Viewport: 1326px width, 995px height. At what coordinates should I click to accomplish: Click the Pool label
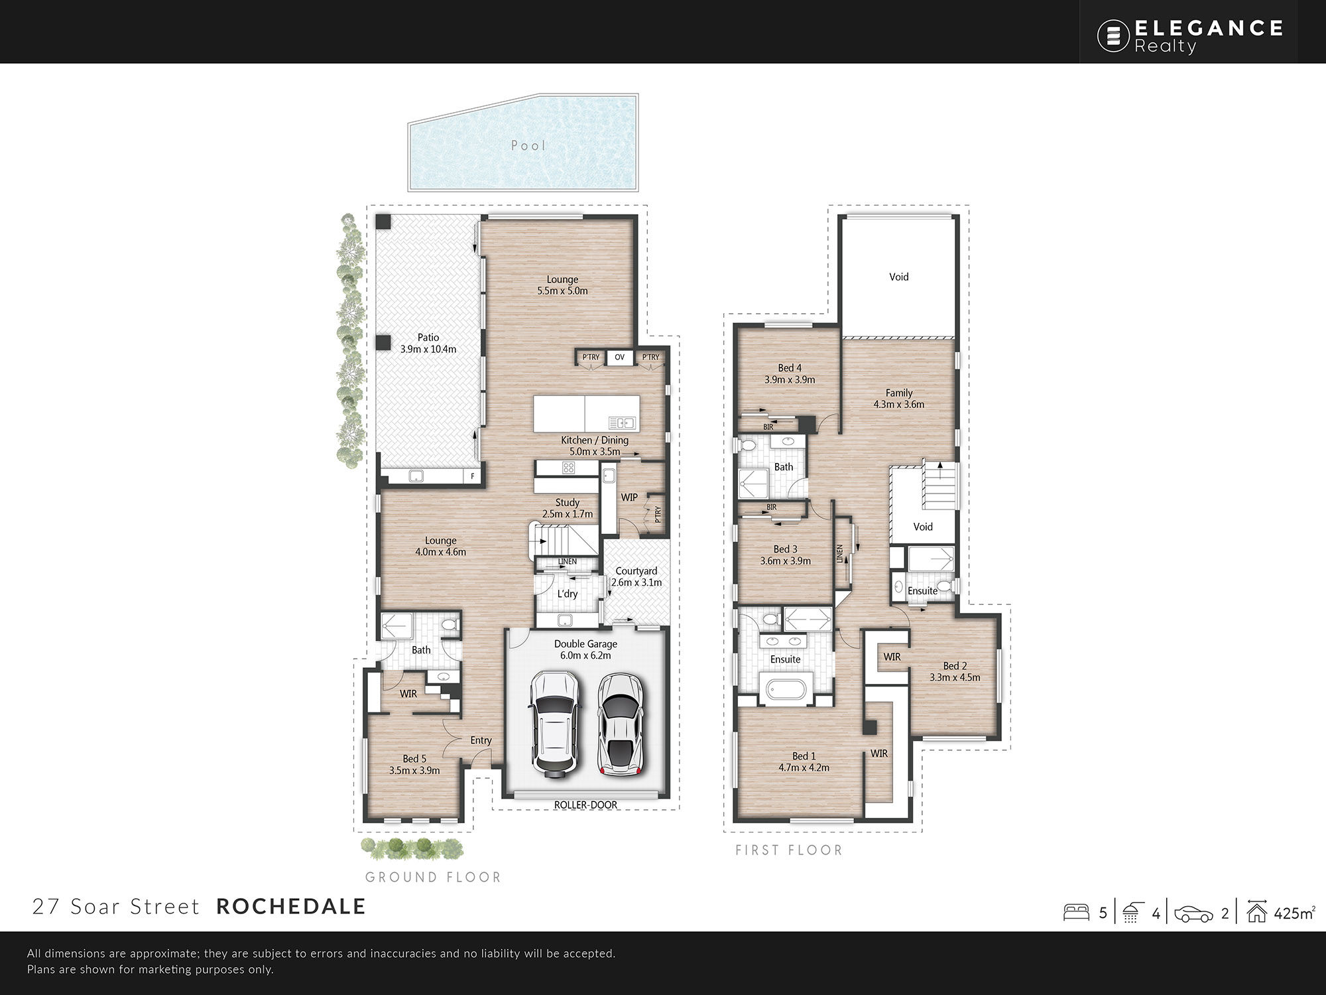click(528, 145)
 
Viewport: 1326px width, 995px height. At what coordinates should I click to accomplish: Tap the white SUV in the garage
click(554, 723)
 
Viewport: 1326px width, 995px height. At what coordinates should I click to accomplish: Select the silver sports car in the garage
click(621, 724)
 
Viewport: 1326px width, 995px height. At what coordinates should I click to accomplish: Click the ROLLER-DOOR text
click(585, 805)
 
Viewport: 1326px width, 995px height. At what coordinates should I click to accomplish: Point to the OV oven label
click(619, 357)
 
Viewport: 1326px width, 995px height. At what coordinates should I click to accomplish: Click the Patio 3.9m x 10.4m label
click(428, 343)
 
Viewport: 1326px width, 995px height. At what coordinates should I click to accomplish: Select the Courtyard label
click(636, 570)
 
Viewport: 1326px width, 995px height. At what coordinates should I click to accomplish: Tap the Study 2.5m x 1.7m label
click(568, 508)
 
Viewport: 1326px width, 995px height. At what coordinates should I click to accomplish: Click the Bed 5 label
click(414, 758)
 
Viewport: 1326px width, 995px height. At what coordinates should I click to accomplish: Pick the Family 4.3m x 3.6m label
click(899, 398)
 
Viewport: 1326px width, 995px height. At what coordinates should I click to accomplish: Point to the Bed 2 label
click(955, 666)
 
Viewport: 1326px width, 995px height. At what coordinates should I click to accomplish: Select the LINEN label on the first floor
click(839, 554)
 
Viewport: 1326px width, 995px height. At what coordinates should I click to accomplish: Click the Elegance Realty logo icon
click(1113, 35)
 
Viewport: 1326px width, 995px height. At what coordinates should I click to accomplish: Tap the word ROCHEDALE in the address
click(291, 906)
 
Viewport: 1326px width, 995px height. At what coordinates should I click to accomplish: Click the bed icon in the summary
click(1076, 912)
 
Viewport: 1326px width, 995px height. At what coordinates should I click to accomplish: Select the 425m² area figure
click(1294, 913)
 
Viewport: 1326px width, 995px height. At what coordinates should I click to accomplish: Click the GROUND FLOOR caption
click(433, 877)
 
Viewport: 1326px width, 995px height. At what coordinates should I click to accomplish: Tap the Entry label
click(481, 740)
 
